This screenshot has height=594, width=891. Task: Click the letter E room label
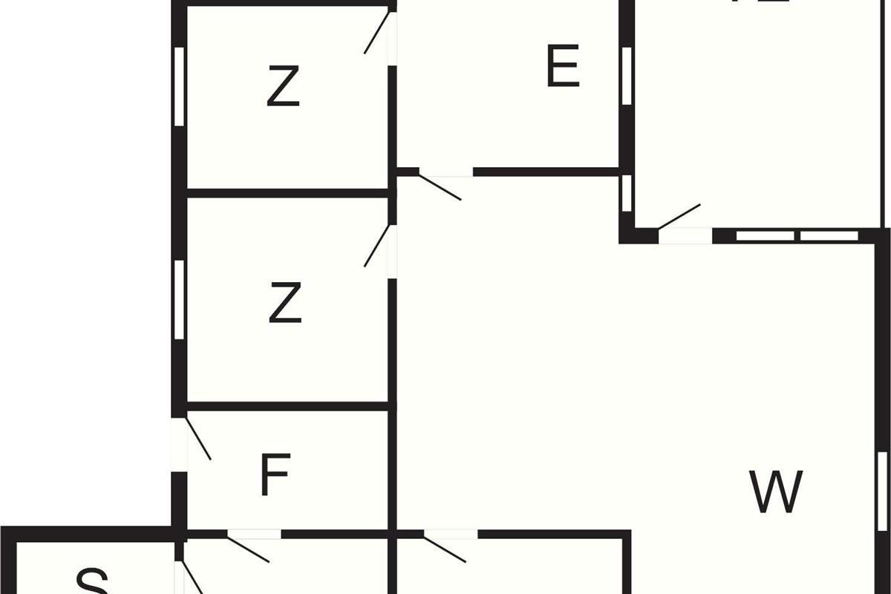click(562, 67)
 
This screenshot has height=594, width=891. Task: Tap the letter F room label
click(275, 477)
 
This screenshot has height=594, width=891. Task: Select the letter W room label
click(776, 492)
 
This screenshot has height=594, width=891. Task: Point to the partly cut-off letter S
click(93, 581)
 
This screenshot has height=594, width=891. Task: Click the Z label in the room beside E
click(283, 87)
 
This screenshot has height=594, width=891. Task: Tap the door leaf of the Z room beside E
click(376, 33)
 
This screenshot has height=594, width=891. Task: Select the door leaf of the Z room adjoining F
click(376, 246)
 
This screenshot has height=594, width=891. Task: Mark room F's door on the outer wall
click(198, 439)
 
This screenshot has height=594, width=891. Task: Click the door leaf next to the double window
click(679, 215)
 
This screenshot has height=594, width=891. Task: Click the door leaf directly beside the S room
click(192, 578)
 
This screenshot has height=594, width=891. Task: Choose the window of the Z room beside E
click(179, 86)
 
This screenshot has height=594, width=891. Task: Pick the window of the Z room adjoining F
click(179, 299)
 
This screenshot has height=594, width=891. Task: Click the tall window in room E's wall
click(627, 76)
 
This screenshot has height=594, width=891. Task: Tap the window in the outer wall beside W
click(882, 492)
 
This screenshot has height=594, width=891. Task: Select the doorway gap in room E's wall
click(446, 172)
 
